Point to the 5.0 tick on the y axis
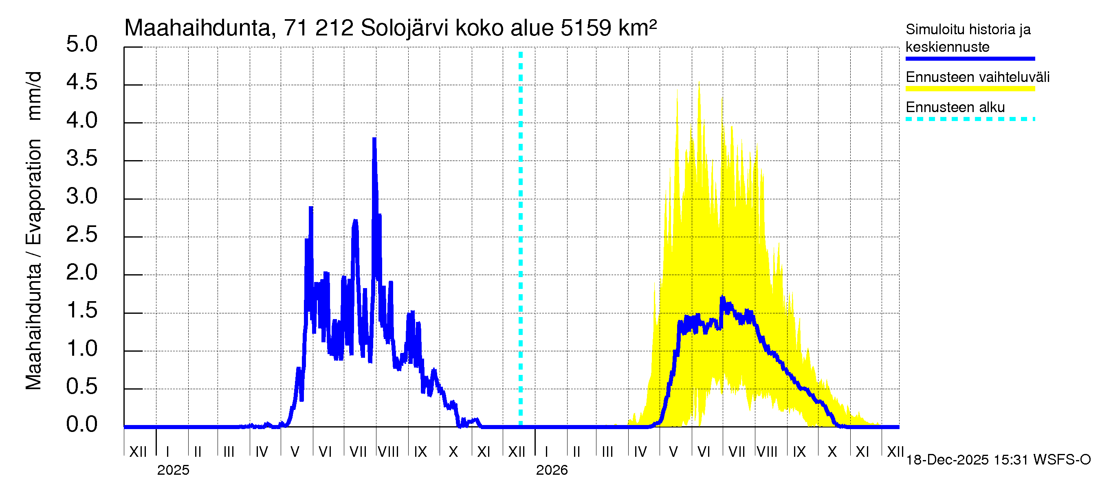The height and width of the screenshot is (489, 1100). (x=81, y=44)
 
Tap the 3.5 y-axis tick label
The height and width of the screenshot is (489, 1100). (x=81, y=159)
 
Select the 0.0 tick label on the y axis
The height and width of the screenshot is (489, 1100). (x=81, y=425)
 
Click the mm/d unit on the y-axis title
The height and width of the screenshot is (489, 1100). (x=34, y=96)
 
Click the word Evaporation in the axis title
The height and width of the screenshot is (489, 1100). (x=34, y=192)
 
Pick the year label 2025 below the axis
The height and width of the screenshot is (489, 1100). (x=173, y=470)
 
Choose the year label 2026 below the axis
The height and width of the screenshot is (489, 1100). (x=552, y=470)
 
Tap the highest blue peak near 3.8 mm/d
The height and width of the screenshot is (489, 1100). (x=374, y=139)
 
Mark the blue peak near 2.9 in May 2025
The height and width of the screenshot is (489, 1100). (x=311, y=208)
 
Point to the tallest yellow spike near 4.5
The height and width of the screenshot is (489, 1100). (x=699, y=84)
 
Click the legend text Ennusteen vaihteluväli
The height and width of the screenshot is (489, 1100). (x=977, y=77)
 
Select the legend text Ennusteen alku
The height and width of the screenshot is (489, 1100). (x=955, y=107)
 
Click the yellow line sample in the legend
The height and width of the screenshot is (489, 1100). (x=970, y=89)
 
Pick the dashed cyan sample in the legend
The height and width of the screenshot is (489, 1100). (x=970, y=119)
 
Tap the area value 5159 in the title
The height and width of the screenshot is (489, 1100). (x=586, y=28)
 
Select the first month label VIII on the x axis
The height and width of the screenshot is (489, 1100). (x=389, y=452)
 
